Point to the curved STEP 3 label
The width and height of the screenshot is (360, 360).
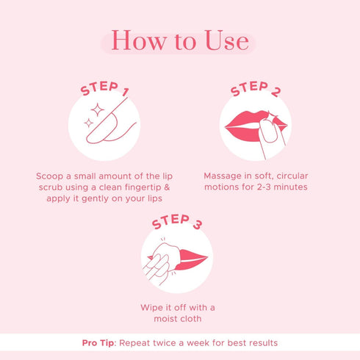click(x=176, y=223)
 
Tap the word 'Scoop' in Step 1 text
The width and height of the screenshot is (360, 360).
click(x=50, y=177)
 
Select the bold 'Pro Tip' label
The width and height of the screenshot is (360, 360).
click(x=100, y=343)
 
